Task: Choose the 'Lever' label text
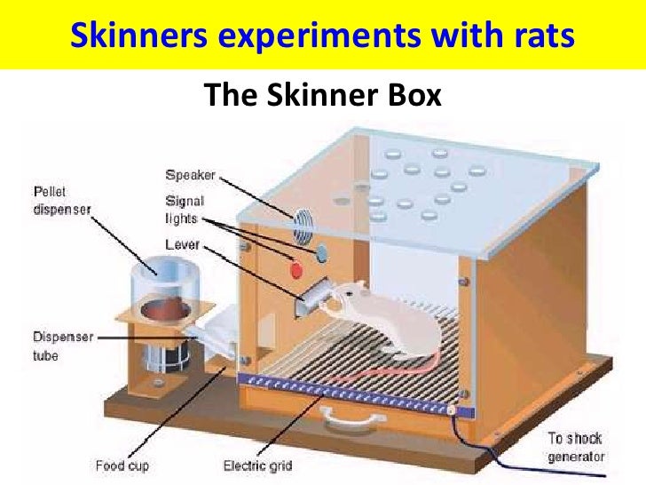(183, 242)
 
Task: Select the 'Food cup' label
(122, 464)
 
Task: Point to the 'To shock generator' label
(576, 446)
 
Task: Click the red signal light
(297, 268)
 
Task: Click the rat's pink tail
(390, 364)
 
